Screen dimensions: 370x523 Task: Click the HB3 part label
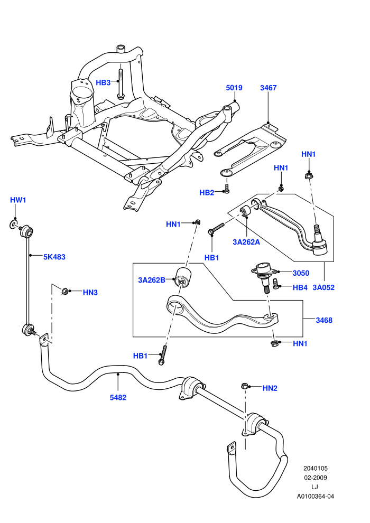tap(103, 82)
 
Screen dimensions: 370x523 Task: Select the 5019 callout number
tap(234, 88)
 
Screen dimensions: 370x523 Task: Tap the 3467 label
tap(268, 88)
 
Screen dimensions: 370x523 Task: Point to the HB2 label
tap(207, 192)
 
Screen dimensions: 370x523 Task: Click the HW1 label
tap(18, 200)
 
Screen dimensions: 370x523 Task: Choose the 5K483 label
tap(54, 257)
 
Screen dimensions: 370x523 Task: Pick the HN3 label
tap(90, 293)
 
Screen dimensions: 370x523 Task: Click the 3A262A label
tap(246, 242)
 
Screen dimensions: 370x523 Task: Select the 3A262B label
tap(152, 280)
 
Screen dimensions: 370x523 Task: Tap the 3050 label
tap(301, 273)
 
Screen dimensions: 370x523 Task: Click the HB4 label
tap(300, 287)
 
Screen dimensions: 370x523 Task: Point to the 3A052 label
tap(323, 287)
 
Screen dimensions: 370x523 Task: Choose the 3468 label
tap(325, 320)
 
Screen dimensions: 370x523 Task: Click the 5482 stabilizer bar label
tap(118, 397)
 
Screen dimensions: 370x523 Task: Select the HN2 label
tap(270, 388)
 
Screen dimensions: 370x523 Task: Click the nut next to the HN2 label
tap(244, 386)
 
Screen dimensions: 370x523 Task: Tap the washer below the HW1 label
tap(13, 225)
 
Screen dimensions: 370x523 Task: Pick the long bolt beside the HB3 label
tap(121, 83)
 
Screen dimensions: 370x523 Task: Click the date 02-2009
tap(316, 478)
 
